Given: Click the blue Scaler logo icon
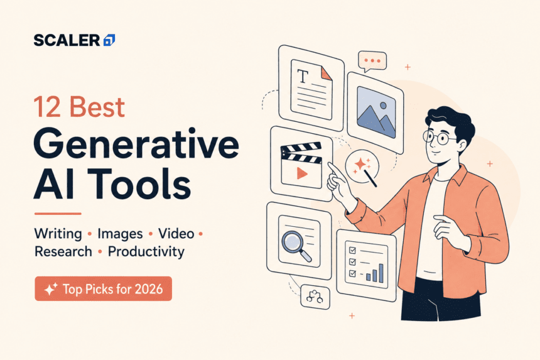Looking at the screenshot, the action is (109, 40).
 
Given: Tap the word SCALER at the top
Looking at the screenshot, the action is (67, 40).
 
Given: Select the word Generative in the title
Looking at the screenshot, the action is (136, 144).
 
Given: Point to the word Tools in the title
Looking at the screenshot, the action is (138, 183).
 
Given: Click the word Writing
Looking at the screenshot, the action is (58, 234).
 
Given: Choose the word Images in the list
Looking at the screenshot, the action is (120, 234).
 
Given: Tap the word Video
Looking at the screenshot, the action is (176, 234).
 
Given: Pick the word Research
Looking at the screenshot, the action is (63, 251).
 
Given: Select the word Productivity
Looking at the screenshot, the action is (146, 252).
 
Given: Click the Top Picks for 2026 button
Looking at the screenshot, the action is (104, 288).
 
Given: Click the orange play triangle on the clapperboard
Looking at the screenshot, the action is (302, 173).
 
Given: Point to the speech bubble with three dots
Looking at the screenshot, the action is (372, 62).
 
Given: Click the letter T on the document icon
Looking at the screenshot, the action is (303, 77).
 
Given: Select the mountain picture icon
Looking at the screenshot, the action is (376, 112).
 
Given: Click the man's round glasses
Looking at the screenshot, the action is (436, 138).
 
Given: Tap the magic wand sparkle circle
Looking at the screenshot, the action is (362, 167).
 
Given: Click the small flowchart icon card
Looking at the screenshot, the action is (315, 297).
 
